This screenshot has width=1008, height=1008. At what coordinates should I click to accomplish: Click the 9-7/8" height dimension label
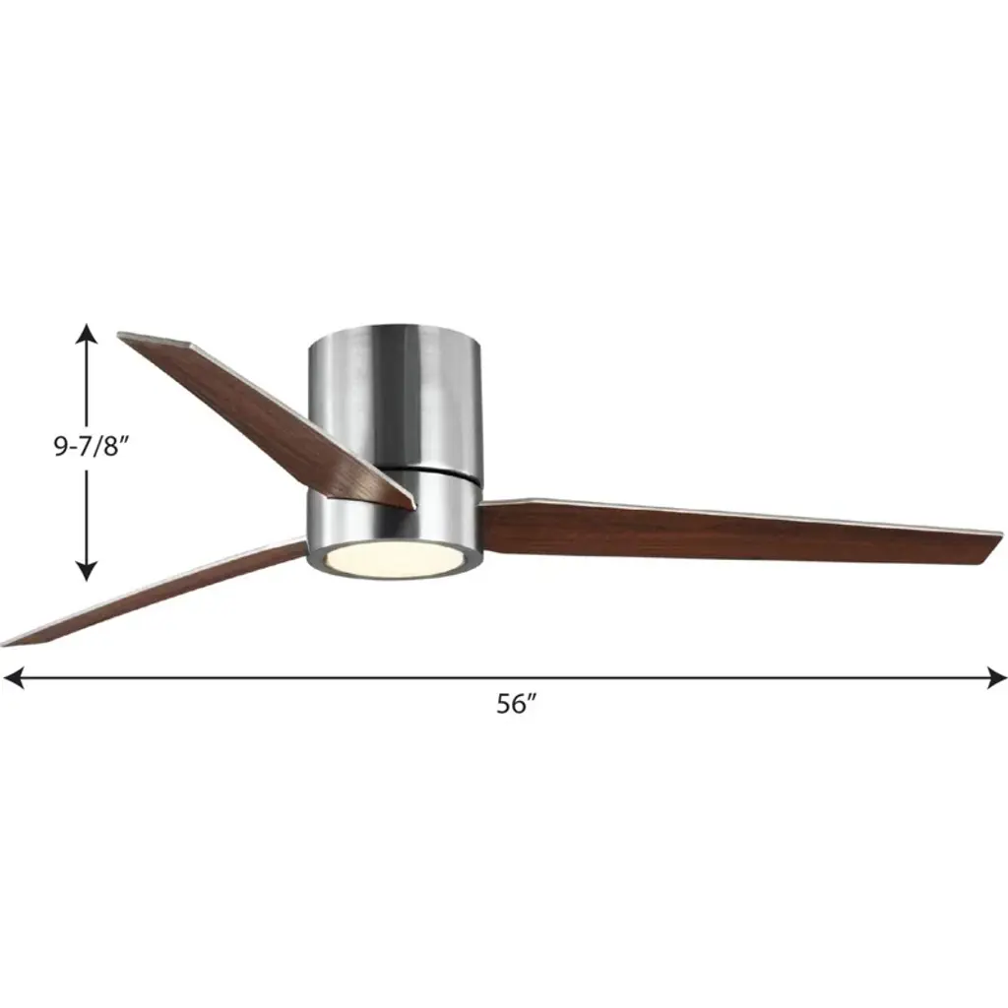[x=88, y=446]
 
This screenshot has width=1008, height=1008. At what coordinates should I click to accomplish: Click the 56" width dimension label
[x=516, y=705]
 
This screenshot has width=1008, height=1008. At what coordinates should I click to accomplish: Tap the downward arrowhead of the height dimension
[x=87, y=570]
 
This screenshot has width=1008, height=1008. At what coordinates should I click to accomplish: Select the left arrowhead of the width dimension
[x=13, y=677]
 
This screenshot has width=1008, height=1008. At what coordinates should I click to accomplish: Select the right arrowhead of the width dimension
[x=996, y=677]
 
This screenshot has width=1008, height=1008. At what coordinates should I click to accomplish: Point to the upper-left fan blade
[x=267, y=417]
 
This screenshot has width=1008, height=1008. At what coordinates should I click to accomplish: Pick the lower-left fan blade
[x=155, y=592]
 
